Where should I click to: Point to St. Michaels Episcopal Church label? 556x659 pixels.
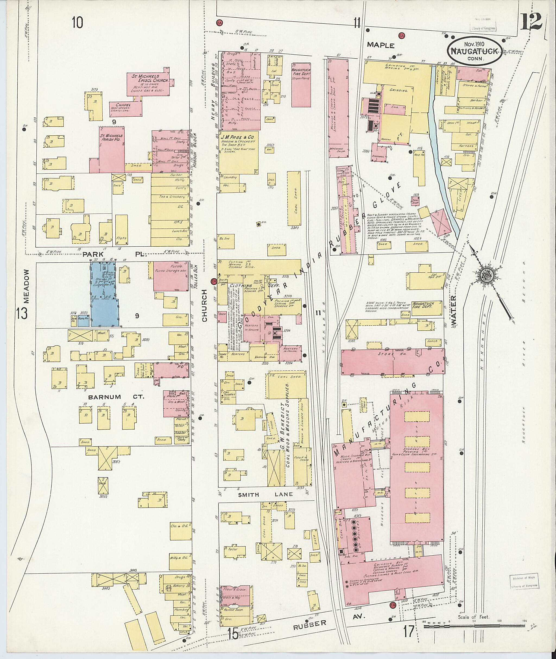click(x=148, y=79)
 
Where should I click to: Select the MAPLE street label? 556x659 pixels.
click(x=381, y=45)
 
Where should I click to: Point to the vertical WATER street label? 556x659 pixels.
click(x=454, y=310)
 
